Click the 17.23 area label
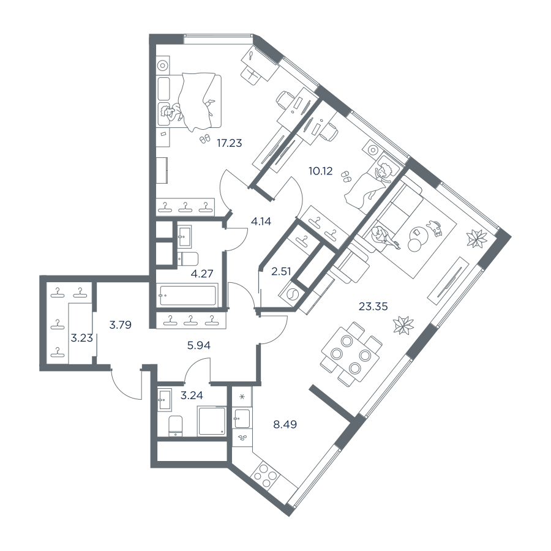click(230, 143)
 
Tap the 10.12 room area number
click(320, 171)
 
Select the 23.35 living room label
click(373, 307)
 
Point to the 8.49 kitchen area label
click(285, 424)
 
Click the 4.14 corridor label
click(261, 222)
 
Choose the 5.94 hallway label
click(199, 346)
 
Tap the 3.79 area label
click(121, 324)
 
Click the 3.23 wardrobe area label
click(82, 338)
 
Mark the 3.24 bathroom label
click(192, 395)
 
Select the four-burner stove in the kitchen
click(265, 475)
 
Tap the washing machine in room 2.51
click(291, 293)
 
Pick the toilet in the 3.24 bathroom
click(175, 426)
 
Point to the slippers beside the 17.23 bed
click(204, 139)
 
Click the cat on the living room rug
click(435, 228)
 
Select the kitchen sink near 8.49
click(242, 418)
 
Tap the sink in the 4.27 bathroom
click(184, 236)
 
